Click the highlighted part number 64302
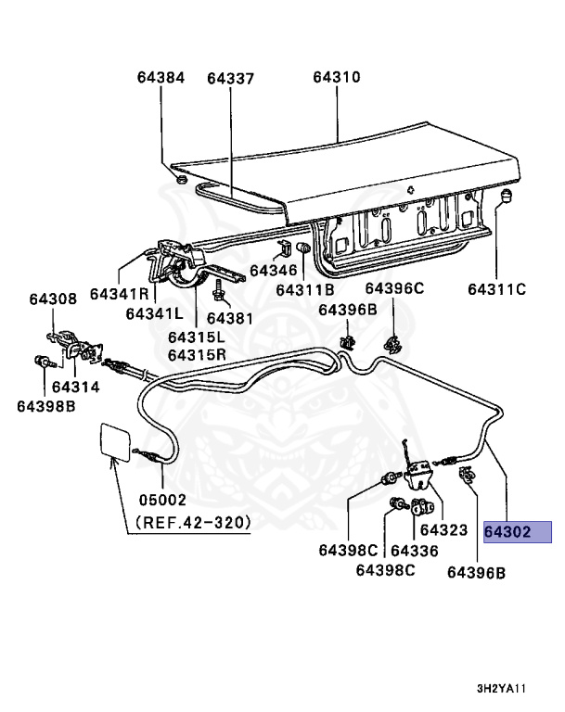517,532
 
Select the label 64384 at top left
161,79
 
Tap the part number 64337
230,79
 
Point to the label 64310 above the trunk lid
336,79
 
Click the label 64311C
496,289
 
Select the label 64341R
120,294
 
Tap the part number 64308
52,299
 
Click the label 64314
75,386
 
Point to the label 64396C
394,288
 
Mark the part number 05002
162,499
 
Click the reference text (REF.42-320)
193,522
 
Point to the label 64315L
197,337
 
